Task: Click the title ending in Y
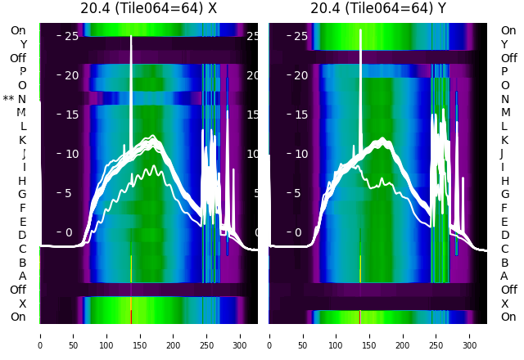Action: point(378,9)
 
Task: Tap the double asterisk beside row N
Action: point(8,99)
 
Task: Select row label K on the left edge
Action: point(23,140)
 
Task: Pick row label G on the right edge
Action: point(504,194)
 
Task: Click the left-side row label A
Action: point(23,276)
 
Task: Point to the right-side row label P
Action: point(504,71)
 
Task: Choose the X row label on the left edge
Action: point(23,304)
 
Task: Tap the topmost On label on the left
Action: point(18,30)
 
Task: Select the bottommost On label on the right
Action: point(508,317)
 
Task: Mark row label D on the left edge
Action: point(23,235)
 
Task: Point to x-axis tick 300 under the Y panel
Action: point(470,335)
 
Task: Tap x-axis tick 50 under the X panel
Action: point(73,335)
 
